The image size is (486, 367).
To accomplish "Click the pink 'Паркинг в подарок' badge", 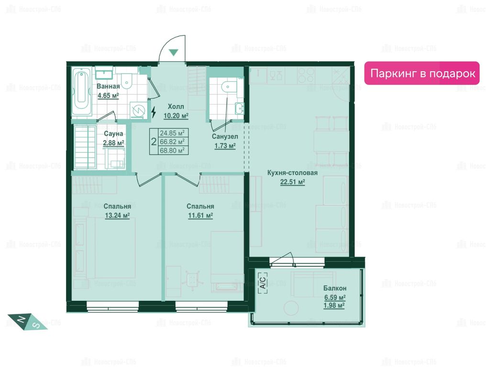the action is tap(421, 73).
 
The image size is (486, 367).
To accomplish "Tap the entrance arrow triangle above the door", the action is tap(174, 53).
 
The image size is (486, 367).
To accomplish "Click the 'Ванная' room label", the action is tap(108, 86).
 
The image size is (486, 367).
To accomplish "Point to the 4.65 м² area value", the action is tap(108, 96).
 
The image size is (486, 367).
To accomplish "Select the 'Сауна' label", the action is tap(113, 134).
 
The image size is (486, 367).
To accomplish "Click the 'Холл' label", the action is tap(176, 107).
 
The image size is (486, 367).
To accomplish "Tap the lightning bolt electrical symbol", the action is tap(154, 112).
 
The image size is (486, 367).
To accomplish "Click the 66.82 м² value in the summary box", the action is tap(172, 141).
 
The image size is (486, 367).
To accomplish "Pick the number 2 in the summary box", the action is tap(154, 142).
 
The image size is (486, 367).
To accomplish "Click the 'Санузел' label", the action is tap(225, 136).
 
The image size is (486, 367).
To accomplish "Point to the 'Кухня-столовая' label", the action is tap(292, 173).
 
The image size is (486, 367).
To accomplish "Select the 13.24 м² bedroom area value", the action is tap(117, 215).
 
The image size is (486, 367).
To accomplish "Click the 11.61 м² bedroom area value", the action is tap(200, 215).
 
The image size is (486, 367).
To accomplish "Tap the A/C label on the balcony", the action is tap(262, 281).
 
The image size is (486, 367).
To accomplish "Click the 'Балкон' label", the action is tap(335, 288).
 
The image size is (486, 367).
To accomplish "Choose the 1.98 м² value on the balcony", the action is tap(334, 305).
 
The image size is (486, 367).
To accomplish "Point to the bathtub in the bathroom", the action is tap(82, 91).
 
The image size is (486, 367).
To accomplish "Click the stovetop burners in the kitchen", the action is tap(306, 76).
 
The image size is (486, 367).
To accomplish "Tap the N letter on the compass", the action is tap(22, 319).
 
